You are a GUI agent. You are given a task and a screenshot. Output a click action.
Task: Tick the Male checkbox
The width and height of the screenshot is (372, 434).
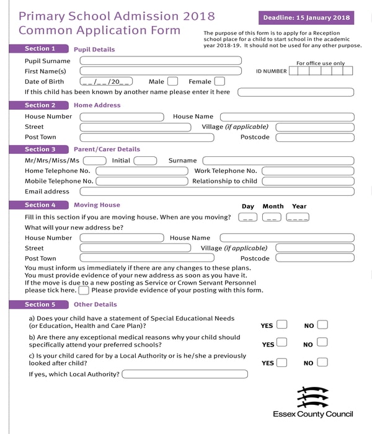click(x=172, y=81)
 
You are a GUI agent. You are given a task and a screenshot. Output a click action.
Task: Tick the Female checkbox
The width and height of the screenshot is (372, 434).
click(x=219, y=81)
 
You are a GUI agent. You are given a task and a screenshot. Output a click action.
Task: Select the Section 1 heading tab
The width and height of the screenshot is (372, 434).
click(x=40, y=48)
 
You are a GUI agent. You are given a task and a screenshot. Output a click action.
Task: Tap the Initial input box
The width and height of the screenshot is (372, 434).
click(x=145, y=161)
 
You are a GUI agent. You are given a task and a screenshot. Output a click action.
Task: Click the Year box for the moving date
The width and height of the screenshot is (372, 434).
click(x=298, y=217)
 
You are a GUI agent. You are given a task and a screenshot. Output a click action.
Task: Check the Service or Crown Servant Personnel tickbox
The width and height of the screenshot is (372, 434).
click(x=84, y=290)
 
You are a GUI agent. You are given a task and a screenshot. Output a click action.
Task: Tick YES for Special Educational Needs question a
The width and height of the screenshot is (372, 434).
click(x=281, y=324)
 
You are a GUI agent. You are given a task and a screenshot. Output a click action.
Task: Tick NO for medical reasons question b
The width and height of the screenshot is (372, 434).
click(x=322, y=343)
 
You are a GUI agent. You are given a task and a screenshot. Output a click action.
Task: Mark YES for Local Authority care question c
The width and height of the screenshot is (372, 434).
click(x=281, y=363)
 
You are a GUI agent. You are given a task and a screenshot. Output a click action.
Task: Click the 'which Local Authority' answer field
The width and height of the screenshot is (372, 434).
click(x=185, y=374)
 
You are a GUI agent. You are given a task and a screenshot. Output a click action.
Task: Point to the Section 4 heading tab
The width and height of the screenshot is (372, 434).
click(x=40, y=205)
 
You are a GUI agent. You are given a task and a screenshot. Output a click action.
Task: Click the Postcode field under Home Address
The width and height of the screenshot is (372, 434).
click(x=314, y=138)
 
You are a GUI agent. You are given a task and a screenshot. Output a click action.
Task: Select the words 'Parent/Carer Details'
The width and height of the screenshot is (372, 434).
click(x=107, y=149)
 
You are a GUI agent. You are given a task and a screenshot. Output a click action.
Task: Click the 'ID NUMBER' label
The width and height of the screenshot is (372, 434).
click(x=272, y=71)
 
